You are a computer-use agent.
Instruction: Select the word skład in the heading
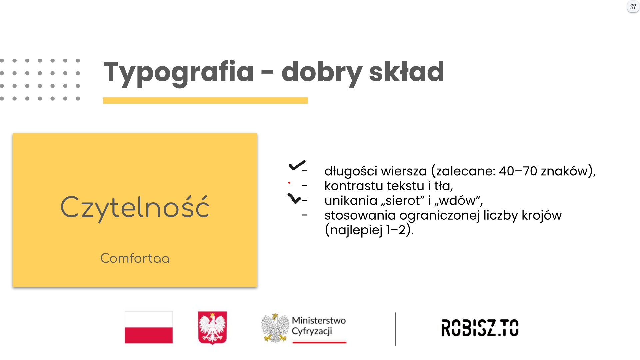pyautogui.click(x=407, y=71)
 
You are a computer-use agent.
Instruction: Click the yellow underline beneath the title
pyautogui.click(x=205, y=100)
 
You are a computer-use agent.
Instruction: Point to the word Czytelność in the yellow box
pyautogui.click(x=135, y=207)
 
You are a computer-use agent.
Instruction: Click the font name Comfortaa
pyautogui.click(x=135, y=258)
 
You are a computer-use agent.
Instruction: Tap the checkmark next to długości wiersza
pyautogui.click(x=297, y=165)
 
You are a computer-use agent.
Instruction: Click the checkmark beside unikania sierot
pyautogui.click(x=294, y=198)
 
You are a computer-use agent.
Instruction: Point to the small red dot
pyautogui.click(x=289, y=183)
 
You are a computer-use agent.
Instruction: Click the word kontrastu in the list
pyautogui.click(x=354, y=186)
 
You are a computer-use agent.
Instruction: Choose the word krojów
pyautogui.click(x=542, y=215)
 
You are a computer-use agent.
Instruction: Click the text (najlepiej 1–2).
pyautogui.click(x=369, y=230)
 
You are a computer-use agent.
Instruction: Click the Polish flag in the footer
pyautogui.click(x=149, y=327)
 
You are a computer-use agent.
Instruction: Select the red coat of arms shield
pyautogui.click(x=212, y=328)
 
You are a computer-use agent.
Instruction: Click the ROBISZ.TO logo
pyautogui.click(x=480, y=328)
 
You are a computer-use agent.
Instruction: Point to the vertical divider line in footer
pyautogui.click(x=395, y=329)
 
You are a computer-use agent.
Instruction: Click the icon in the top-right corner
pyautogui.click(x=633, y=7)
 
